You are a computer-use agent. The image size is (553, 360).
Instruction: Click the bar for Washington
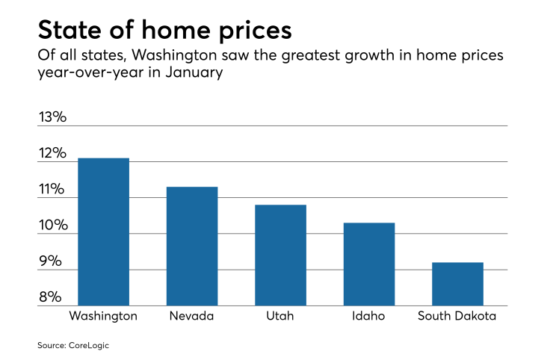pyautogui.click(x=103, y=232)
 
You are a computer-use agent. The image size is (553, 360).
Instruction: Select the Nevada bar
pyautogui.click(x=192, y=246)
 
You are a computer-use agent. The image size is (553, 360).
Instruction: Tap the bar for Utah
pyautogui.click(x=280, y=255)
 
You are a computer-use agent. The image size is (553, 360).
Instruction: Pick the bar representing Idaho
pyautogui.click(x=368, y=264)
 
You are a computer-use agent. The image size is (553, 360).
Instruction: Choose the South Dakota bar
pyautogui.click(x=457, y=284)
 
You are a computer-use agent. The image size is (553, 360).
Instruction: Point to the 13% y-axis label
pyautogui.click(x=52, y=117)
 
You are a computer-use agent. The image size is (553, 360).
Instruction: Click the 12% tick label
pyautogui.click(x=52, y=154)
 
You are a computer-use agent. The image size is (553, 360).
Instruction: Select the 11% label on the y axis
pyautogui.click(x=52, y=190)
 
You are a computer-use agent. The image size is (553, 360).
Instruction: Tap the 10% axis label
pyautogui.click(x=52, y=226)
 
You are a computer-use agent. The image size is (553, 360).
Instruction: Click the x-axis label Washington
pyautogui.click(x=103, y=316)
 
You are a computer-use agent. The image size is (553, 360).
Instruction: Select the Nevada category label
pyautogui.click(x=192, y=316)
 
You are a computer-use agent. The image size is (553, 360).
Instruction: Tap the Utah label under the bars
pyautogui.click(x=280, y=316)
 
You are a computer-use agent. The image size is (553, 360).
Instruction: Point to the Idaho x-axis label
pyautogui.click(x=368, y=316)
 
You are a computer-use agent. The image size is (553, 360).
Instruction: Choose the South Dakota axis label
pyautogui.click(x=457, y=316)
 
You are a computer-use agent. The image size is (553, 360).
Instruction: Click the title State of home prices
pyautogui.click(x=164, y=31)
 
